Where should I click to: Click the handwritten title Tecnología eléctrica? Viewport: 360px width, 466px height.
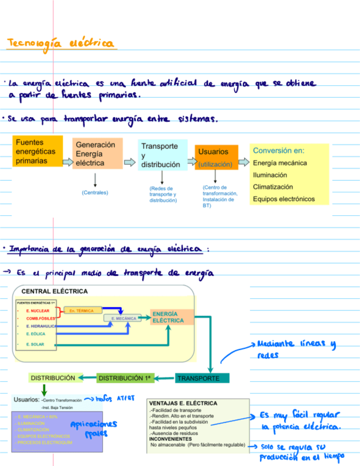[60, 43]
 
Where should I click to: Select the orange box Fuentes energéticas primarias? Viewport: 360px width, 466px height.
[37, 152]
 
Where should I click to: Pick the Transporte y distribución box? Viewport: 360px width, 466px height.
[162, 155]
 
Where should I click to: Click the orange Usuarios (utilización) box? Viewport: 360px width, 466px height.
[216, 157]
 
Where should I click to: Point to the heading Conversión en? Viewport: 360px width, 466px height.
[279, 151]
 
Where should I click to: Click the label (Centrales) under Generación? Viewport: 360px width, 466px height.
[95, 193]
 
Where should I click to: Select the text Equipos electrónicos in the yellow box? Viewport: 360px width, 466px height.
[284, 199]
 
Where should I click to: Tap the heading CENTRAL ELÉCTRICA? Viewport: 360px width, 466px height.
[54, 291]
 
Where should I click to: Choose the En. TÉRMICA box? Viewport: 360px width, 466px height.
[82, 311]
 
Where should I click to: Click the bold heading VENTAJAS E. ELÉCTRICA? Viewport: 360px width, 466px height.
[183, 403]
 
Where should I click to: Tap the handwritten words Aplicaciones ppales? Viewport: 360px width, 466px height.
[93, 428]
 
